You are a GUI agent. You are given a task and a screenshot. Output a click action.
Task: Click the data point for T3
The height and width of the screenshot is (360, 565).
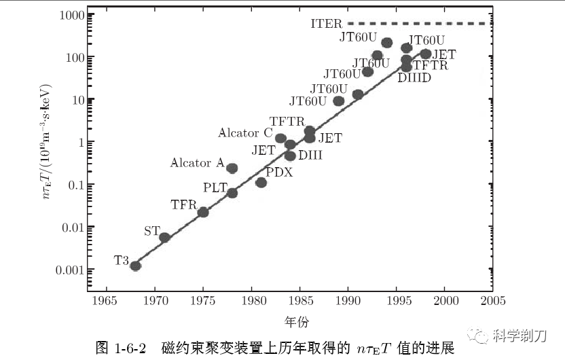(135, 266)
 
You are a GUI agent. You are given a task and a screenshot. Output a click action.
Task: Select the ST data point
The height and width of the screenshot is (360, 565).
(164, 237)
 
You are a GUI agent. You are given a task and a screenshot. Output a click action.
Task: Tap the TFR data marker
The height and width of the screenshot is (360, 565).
(203, 212)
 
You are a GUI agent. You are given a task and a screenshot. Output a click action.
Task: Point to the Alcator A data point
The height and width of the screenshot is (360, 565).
(232, 168)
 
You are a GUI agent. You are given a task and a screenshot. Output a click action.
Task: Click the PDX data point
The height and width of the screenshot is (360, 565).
(261, 182)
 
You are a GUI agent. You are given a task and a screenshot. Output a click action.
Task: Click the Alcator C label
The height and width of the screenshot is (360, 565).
(245, 133)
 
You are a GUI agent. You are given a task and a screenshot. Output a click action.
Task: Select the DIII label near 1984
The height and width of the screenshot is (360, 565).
(310, 156)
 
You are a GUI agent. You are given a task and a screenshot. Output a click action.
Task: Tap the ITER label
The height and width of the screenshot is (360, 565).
(327, 24)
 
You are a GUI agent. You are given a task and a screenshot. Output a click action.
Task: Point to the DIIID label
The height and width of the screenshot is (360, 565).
(414, 77)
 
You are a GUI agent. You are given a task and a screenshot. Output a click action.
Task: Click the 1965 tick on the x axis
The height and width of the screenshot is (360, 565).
(107, 301)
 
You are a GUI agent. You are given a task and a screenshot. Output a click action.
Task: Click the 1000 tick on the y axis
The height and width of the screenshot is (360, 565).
(70, 15)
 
